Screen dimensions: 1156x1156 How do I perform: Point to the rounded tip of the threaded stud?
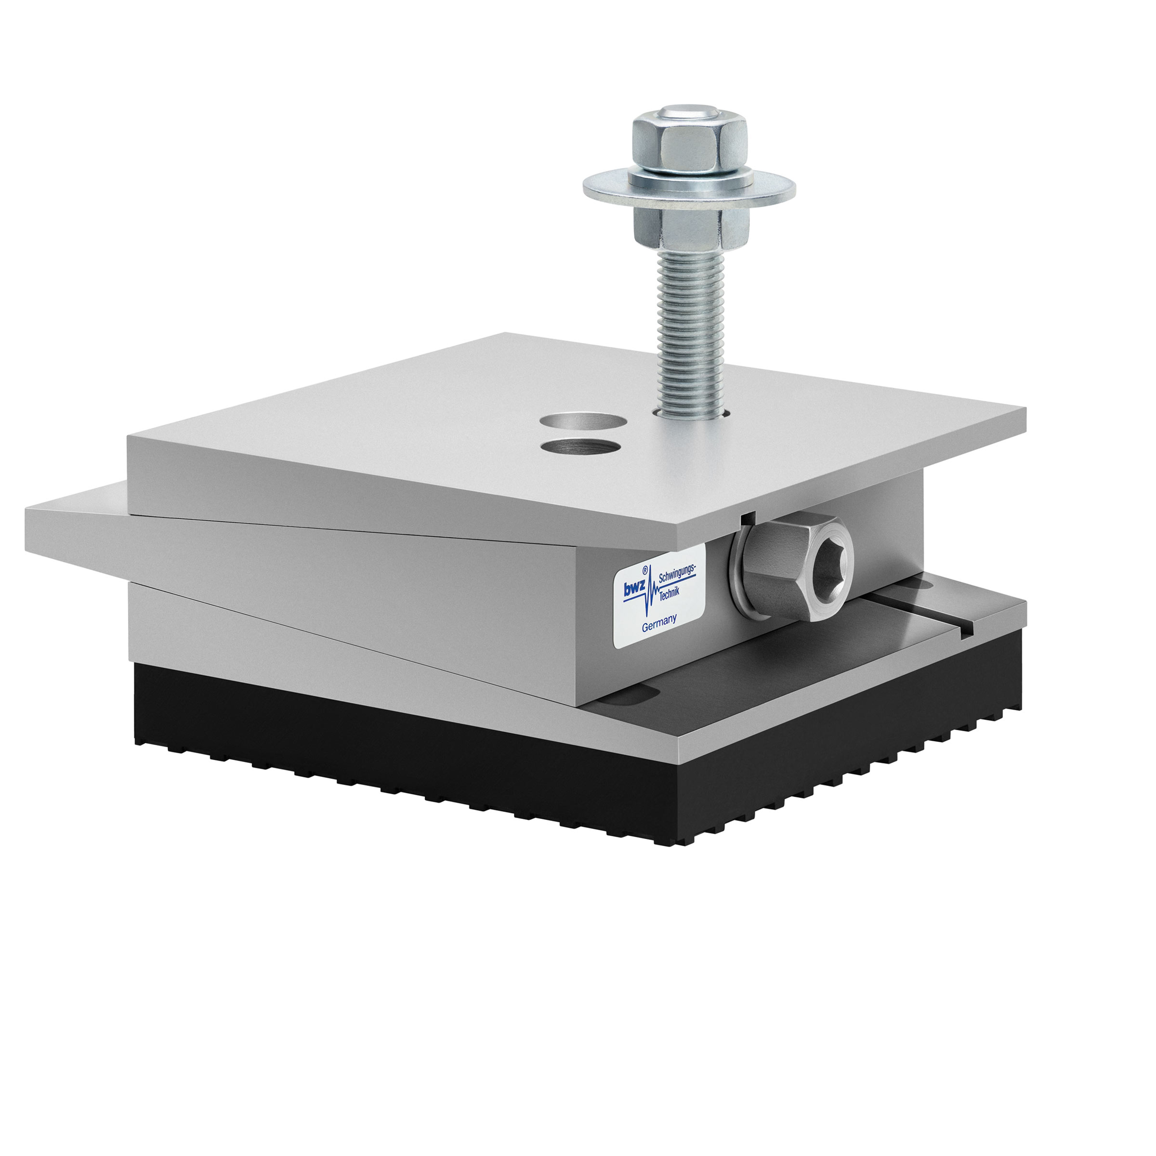690,112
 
